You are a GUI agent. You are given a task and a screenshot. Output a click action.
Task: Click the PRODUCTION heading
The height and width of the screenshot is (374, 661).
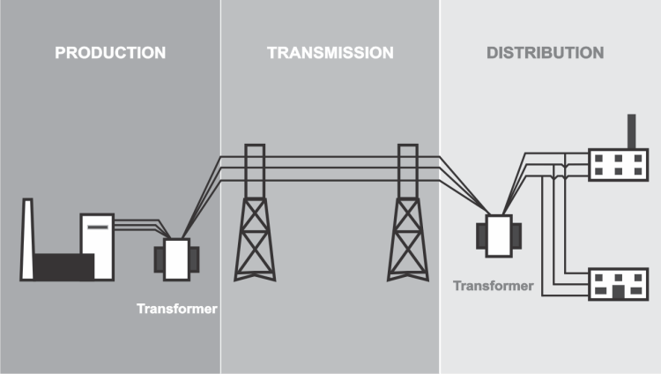tap(110, 53)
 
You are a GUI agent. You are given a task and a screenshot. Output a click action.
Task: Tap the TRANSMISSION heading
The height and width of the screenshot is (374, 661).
tap(330, 53)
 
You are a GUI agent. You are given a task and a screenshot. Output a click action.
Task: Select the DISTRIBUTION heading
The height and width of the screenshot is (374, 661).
tap(545, 53)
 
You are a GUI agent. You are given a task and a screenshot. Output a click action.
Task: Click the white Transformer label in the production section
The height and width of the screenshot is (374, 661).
tap(176, 310)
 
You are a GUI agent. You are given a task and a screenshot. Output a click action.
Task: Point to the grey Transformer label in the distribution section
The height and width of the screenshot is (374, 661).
tap(493, 286)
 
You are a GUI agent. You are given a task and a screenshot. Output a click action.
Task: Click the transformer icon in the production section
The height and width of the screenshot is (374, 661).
tap(176, 258)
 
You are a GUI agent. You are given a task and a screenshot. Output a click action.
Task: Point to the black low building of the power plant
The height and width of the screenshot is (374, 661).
tap(62, 266)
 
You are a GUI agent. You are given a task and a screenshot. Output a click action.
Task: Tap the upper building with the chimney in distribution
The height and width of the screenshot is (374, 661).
tap(617, 165)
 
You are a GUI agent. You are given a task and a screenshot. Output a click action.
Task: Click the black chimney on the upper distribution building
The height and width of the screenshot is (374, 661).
tap(629, 131)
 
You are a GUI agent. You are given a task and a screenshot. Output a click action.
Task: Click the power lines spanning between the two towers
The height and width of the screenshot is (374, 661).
tap(330, 168)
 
